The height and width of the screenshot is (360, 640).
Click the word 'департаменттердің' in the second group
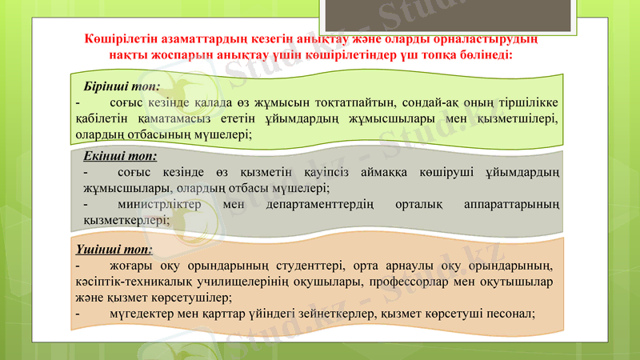tap(321, 205)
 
